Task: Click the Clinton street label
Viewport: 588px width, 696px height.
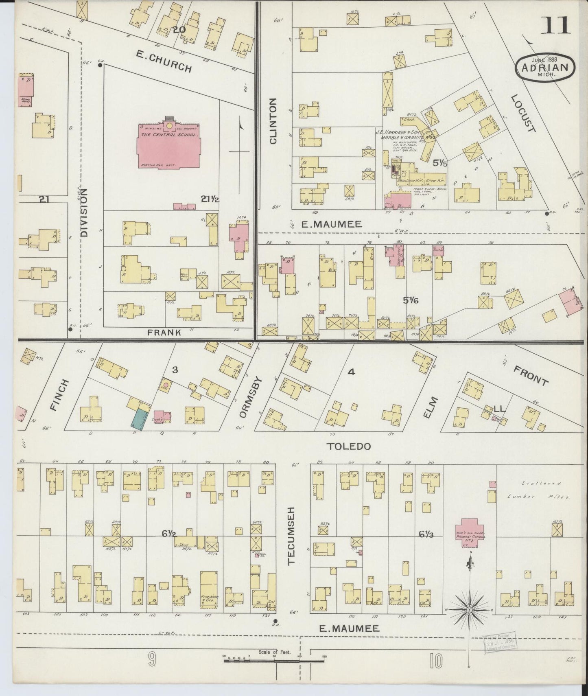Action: (x=273, y=121)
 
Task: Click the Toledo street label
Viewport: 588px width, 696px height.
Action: (x=350, y=446)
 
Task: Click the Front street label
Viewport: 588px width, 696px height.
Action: (x=531, y=375)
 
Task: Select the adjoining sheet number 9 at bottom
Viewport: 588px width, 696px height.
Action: (x=151, y=660)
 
